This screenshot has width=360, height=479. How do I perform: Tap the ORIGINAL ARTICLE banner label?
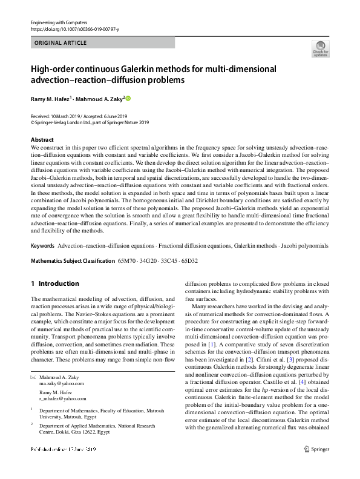[x=61, y=43]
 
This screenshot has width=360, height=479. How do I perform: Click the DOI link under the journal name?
[x=74, y=29]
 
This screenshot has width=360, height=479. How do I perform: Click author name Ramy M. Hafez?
[x=52, y=98]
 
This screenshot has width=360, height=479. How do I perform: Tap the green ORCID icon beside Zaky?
[x=128, y=98]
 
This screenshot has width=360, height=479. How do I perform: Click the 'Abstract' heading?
[x=42, y=140]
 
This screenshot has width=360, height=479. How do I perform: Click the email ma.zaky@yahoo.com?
[x=62, y=383]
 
